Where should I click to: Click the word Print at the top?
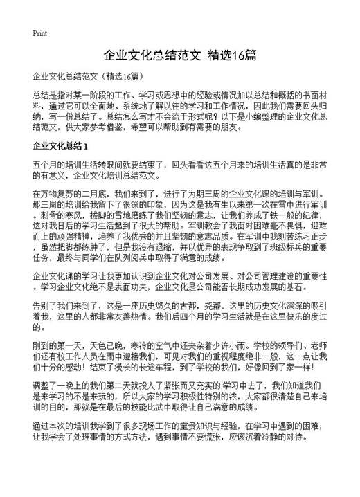[39, 33]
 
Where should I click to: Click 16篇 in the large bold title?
[245, 55]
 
